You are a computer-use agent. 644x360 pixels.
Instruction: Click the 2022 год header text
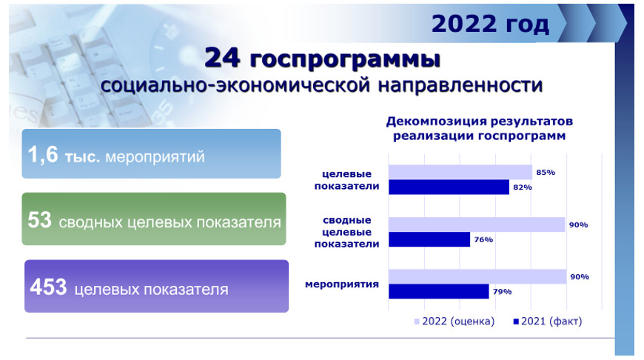coord(490,24)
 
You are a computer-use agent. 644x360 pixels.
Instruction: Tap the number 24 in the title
coord(222,58)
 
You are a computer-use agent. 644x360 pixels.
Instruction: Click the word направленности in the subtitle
coord(460,85)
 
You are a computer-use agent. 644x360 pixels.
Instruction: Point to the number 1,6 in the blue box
coord(43,156)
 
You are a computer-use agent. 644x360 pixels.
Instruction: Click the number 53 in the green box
coord(39,220)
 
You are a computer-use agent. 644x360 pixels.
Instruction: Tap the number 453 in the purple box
coord(48,287)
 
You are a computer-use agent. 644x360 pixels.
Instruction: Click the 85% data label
coord(546,172)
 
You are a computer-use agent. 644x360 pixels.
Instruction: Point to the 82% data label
coord(523,187)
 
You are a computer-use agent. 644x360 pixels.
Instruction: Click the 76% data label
coord(483,239)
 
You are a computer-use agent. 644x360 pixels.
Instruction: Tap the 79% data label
coord(503,291)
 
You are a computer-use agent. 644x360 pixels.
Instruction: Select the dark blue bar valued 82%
coord(449,187)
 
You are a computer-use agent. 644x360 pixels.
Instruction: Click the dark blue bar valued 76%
coord(429,239)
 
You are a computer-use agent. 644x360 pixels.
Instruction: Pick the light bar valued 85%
coord(460,172)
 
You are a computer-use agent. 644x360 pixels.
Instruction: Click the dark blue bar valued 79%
coord(439,291)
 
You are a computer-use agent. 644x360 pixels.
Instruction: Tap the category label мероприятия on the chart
coord(342,284)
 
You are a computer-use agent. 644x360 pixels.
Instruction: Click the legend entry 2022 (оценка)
coord(455,321)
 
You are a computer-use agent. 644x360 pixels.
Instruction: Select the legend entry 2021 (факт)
coord(548,321)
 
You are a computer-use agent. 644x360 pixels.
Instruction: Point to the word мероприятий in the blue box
coord(155,157)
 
